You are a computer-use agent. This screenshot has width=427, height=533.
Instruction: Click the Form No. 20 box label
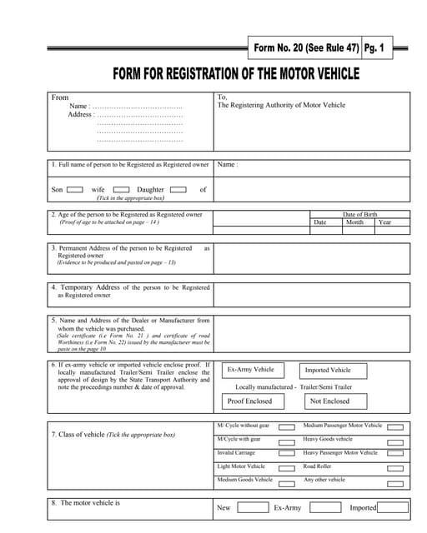[305, 49]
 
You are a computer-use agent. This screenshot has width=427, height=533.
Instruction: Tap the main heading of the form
[236, 75]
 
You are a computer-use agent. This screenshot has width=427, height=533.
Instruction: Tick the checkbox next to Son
[74, 190]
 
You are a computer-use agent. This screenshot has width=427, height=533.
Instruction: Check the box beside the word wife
[121, 190]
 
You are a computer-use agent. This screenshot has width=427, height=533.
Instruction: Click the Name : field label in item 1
[227, 165]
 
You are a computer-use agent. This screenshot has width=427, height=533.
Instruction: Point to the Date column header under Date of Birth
[319, 222]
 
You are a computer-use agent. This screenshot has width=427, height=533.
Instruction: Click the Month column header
[354, 222]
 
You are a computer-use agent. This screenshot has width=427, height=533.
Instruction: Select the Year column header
[384, 222]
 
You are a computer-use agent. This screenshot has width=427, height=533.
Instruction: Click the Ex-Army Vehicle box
[251, 370]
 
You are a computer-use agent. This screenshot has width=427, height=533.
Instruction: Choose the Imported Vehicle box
[328, 370]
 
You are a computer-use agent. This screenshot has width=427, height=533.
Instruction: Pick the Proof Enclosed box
[249, 401]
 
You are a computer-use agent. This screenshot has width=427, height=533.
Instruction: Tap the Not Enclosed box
[329, 401]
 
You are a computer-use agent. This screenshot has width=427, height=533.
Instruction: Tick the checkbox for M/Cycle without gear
[286, 426]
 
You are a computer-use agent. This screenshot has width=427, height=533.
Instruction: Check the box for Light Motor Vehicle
[286, 467]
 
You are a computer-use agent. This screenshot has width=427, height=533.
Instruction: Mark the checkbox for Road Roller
[395, 467]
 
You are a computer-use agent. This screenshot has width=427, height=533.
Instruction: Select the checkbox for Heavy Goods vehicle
[395, 440]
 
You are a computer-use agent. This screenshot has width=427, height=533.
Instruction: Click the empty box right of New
[253, 507]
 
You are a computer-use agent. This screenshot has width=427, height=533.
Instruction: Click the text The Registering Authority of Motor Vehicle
[281, 106]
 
